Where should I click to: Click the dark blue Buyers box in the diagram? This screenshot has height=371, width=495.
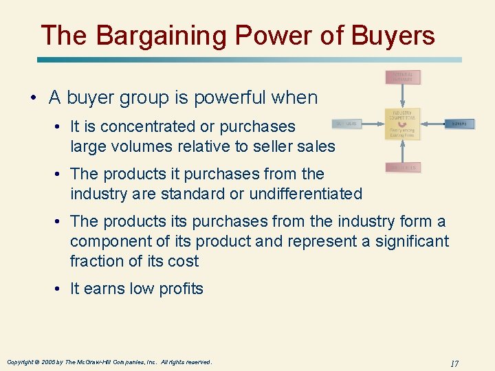[x=459, y=124]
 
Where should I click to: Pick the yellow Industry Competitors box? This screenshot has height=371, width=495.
[x=402, y=124]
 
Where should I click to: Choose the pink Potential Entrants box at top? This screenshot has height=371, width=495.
[x=402, y=77]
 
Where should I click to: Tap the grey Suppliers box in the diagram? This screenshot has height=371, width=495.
[x=346, y=124]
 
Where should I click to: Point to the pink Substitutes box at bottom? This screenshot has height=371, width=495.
[x=402, y=167]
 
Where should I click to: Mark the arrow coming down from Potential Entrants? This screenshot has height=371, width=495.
[x=402, y=96]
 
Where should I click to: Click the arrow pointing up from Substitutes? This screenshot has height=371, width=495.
[x=402, y=151]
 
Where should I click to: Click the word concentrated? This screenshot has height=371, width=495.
[x=141, y=126]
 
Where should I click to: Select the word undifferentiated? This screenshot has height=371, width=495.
[x=305, y=194]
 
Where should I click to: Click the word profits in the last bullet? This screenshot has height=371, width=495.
[x=179, y=289]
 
